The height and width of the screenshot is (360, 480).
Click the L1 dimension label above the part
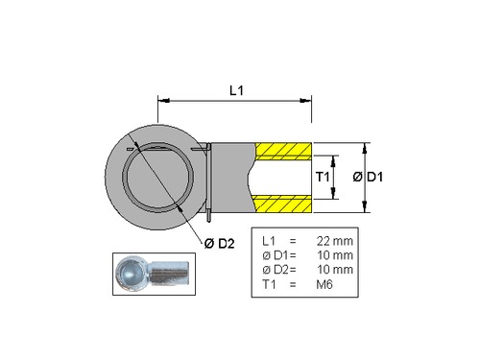(x=236, y=89)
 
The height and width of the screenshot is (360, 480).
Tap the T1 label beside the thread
(x=323, y=178)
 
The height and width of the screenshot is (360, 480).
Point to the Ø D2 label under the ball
(x=220, y=244)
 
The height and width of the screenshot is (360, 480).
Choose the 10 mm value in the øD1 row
(x=334, y=254)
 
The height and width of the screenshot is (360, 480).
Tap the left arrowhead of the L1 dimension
(x=161, y=99)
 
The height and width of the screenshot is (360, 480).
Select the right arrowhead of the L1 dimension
(x=309, y=99)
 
